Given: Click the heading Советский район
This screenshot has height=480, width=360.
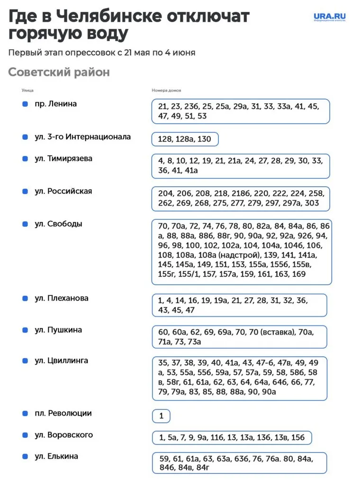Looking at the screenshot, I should tap(59, 72).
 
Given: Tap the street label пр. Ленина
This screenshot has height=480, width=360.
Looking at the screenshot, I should tap(55, 104).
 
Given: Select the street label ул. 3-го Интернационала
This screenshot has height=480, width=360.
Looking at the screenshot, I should tap(82, 137).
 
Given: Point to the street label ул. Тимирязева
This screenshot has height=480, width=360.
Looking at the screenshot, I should tap(63, 159).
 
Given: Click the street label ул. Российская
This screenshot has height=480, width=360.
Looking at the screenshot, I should tap(63, 191).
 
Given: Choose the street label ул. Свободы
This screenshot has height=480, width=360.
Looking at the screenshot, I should tap(58, 224).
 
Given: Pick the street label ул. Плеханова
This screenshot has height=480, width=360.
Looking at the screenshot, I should tap(61, 299).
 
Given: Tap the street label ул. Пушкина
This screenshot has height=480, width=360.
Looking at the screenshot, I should tap(58, 330).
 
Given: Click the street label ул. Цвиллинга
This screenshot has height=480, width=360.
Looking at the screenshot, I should tap(61, 361).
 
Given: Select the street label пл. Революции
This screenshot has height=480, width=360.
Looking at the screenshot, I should tap(63, 413).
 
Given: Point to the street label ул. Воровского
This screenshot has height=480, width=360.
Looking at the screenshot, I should tap(63, 435).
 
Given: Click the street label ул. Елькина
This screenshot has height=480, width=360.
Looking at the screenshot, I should tap(56, 456).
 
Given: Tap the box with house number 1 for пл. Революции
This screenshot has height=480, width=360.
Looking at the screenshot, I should tap(161, 416).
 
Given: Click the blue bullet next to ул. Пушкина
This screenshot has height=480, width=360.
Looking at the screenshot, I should tap(25, 330).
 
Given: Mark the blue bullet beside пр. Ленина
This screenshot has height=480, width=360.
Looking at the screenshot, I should tap(25, 104).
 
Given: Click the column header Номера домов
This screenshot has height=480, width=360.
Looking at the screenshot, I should tap(166, 90).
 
